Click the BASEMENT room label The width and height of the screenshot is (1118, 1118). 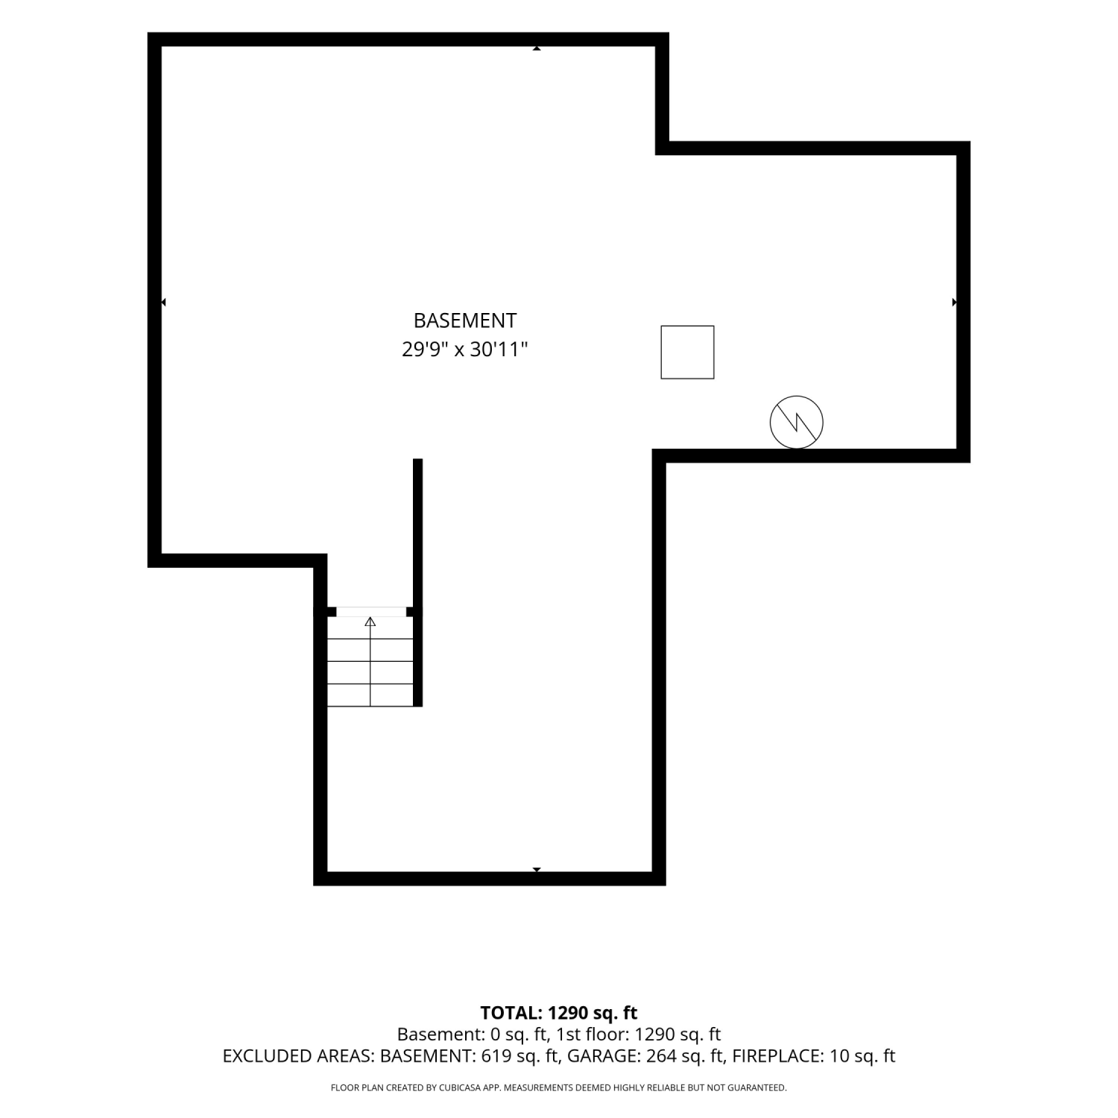pos(465,320)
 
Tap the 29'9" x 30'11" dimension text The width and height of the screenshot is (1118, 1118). pos(465,349)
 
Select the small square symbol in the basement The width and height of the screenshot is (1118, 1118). pos(687,352)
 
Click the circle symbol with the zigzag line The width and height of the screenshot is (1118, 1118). pos(797,422)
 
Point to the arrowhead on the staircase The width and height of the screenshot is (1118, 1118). pos(370,622)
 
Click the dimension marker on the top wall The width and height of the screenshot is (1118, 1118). pos(537,48)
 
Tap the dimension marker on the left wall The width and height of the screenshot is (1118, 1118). pos(163,302)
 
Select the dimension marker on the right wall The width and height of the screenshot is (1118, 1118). pos(955,302)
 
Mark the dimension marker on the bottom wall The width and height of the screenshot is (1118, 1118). pos(537,870)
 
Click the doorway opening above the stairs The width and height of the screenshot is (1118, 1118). pos(371,612)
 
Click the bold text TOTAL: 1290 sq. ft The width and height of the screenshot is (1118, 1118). pos(559,1013)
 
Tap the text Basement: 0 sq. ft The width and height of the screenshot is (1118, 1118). pos(473,1035)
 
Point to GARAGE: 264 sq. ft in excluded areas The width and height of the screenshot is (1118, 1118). pos(647,1056)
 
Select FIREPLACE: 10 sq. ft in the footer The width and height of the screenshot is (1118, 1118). pos(814,1056)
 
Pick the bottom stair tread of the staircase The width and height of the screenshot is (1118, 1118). pos(370,695)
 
